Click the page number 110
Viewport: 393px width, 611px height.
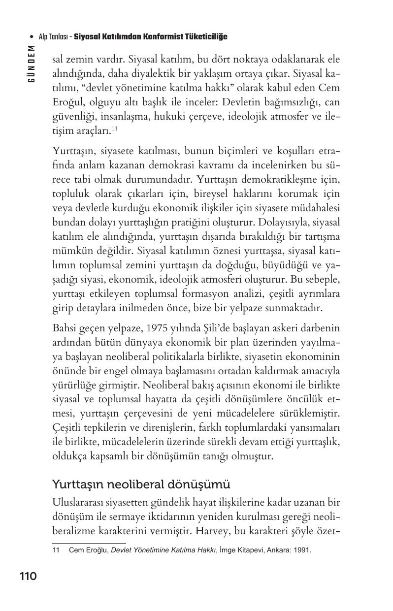pyautogui.click(x=28, y=576)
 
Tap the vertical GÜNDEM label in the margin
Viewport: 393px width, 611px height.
pyautogui.click(x=31, y=64)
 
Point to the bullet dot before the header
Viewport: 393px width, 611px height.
pyautogui.click(x=32, y=37)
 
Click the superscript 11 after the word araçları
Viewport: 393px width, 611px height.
pyautogui.click(x=114, y=129)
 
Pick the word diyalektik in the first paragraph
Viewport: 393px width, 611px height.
pyautogui.click(x=160, y=74)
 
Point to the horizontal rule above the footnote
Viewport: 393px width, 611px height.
pyautogui.click(x=82, y=543)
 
